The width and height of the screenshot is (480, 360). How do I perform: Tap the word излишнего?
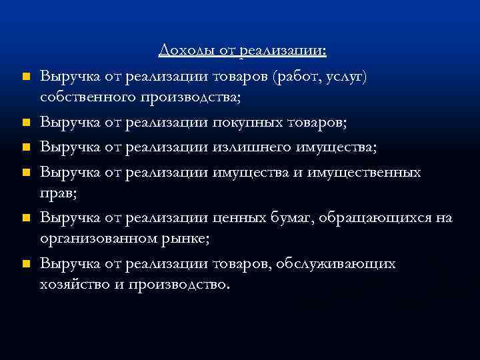pos(249,147)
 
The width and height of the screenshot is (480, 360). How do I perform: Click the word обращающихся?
pos(377,218)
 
